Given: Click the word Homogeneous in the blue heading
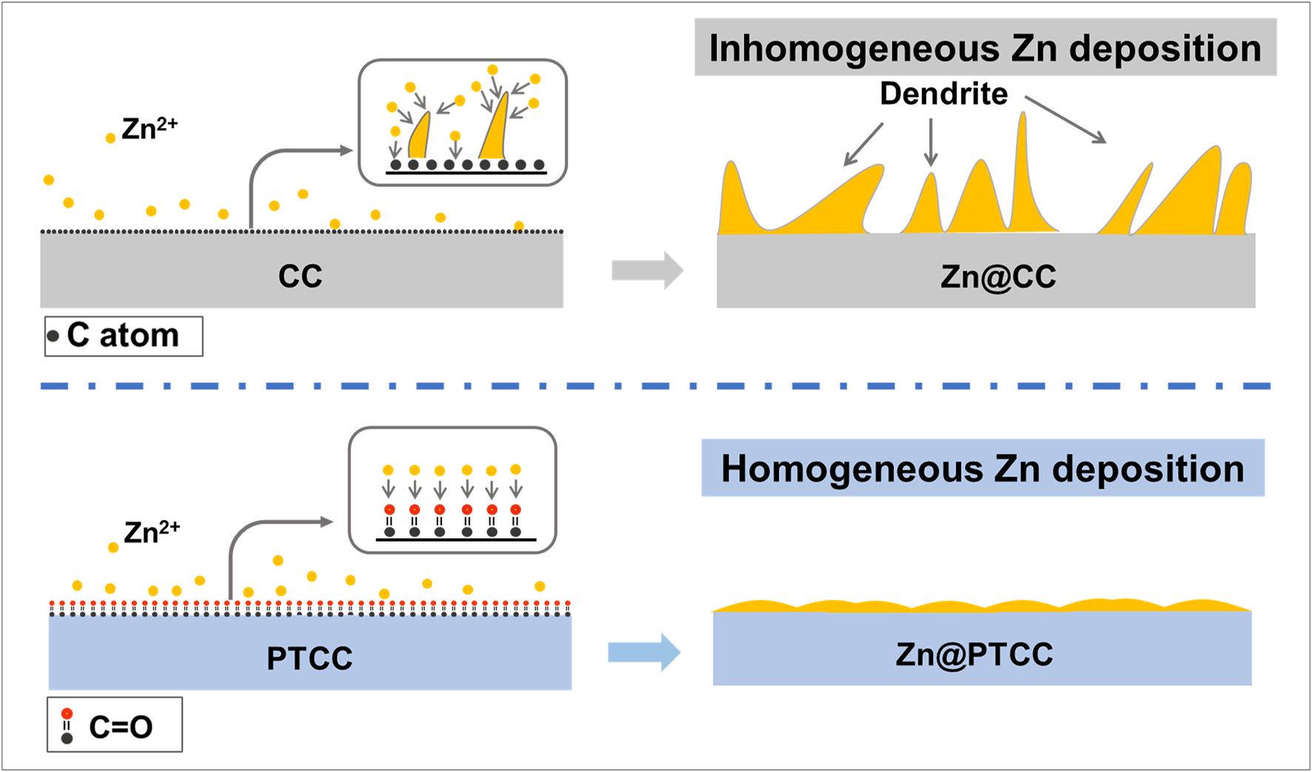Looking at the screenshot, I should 852,469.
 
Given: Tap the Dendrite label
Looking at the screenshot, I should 943,94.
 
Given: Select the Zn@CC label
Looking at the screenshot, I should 998,276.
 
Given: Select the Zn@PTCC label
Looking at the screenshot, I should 974,654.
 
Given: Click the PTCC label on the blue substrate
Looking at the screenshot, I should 309,658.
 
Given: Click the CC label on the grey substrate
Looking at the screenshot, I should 300,276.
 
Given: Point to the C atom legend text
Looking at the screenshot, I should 123,336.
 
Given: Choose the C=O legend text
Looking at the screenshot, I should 121,727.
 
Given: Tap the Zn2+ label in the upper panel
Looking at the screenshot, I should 150,128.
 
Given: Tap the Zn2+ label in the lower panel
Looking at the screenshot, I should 152,532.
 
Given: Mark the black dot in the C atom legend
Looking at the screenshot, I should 53,336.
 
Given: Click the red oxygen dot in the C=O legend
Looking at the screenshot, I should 67,713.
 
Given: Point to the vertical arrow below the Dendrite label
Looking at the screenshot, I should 931,142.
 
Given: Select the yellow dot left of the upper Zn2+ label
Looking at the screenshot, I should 110,138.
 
